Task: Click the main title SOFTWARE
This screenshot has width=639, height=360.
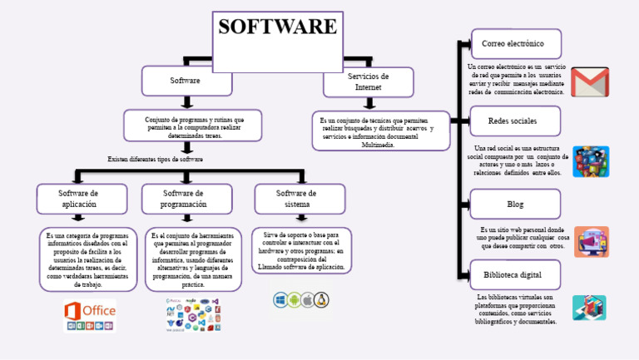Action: pos(277,27)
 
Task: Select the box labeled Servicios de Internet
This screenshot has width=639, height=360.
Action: pos(368,81)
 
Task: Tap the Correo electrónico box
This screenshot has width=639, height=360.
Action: pos(516,43)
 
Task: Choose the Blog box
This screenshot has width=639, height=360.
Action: pos(516,204)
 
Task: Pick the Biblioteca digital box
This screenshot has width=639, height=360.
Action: pos(516,274)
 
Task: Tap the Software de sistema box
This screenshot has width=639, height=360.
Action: pos(297,199)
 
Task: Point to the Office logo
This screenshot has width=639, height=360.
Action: pos(90,316)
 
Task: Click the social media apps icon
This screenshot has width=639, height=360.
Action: pos(591,161)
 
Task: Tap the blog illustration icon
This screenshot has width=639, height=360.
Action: pos(591,241)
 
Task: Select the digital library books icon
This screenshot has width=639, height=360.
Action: pos(589,308)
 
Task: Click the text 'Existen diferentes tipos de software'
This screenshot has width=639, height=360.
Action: pos(156,159)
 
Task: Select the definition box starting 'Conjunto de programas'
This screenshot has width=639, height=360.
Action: pos(194,126)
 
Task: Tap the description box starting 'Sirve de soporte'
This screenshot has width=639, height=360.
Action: pos(301,251)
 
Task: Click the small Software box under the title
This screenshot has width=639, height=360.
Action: pos(185,81)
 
